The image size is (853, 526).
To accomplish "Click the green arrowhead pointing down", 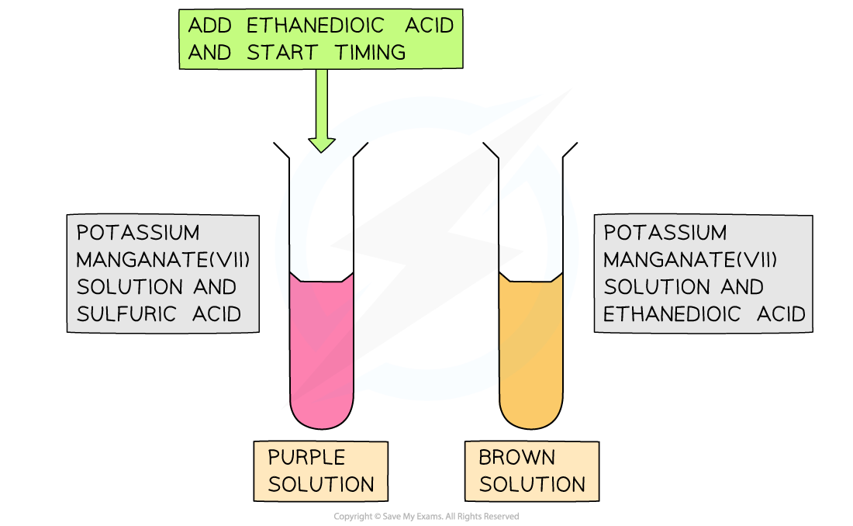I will [322, 144].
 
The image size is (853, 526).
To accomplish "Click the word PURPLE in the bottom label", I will [306, 457].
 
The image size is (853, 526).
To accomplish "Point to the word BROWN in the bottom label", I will [516, 457].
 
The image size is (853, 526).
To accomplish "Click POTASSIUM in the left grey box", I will [138, 233].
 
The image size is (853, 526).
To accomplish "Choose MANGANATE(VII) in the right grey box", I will [690, 260].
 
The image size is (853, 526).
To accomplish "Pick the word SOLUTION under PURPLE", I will [321, 484].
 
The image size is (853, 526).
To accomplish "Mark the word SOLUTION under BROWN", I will [532, 484].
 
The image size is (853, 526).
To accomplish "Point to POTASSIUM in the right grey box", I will [665, 233].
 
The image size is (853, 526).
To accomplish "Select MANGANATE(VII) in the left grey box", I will [164, 260].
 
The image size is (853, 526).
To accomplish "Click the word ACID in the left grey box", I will [216, 313].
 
